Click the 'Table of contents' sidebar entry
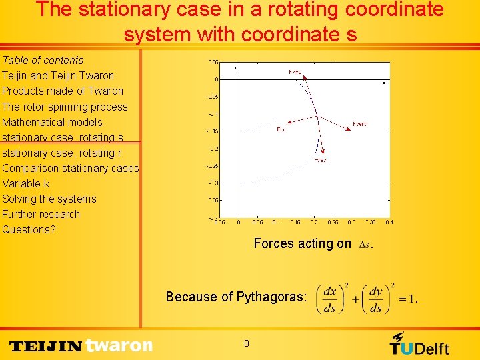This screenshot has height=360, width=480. [43, 60]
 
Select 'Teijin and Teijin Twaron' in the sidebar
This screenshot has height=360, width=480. [58, 75]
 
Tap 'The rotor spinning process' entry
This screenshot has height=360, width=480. [65, 107]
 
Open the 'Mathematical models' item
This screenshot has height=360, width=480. [52, 122]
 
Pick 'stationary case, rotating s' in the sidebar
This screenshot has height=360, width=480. [63, 137]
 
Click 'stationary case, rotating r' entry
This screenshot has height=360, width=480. [62, 153]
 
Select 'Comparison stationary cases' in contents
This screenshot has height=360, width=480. [70, 168]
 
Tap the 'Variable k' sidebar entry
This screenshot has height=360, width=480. [26, 183]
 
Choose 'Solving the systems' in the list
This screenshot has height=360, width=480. [49, 199]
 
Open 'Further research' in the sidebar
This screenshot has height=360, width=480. [41, 214]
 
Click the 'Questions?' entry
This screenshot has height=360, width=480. [29, 229]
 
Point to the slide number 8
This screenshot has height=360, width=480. [247, 343]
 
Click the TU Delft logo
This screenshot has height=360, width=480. [419, 345]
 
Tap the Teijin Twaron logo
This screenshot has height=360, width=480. [81, 345]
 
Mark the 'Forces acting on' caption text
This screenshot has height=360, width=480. [302, 243]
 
